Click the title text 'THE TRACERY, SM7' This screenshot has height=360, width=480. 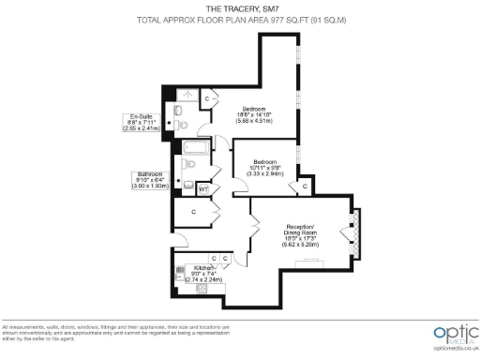point(241,8)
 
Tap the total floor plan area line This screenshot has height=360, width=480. point(241,19)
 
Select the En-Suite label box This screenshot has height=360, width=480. point(142,122)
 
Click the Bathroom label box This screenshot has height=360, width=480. point(150,180)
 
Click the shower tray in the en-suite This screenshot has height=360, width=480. point(184,96)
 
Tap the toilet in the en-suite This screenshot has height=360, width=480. point(184,122)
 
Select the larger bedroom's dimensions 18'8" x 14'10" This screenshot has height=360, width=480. point(254,115)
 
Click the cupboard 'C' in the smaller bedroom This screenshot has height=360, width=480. point(304,187)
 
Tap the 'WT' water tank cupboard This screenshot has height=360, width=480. point(202,187)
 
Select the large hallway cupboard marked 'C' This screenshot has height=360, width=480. point(194,213)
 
